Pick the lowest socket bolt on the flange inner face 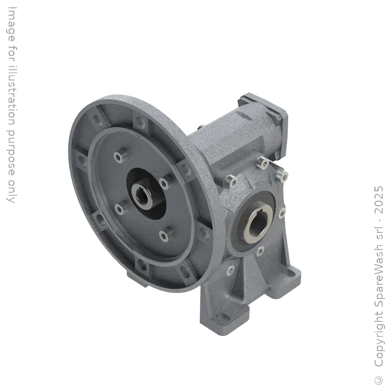pos(163,234)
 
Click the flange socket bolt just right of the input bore pos(162,181)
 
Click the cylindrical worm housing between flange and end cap pos(231,137)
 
